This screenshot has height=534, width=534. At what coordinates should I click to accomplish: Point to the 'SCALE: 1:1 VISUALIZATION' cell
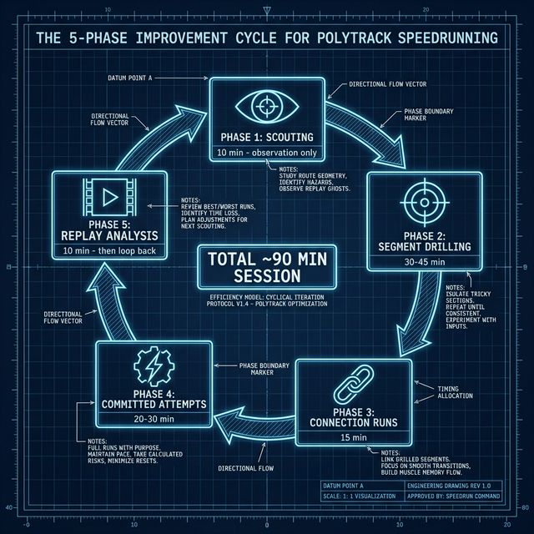coord(363,495)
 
